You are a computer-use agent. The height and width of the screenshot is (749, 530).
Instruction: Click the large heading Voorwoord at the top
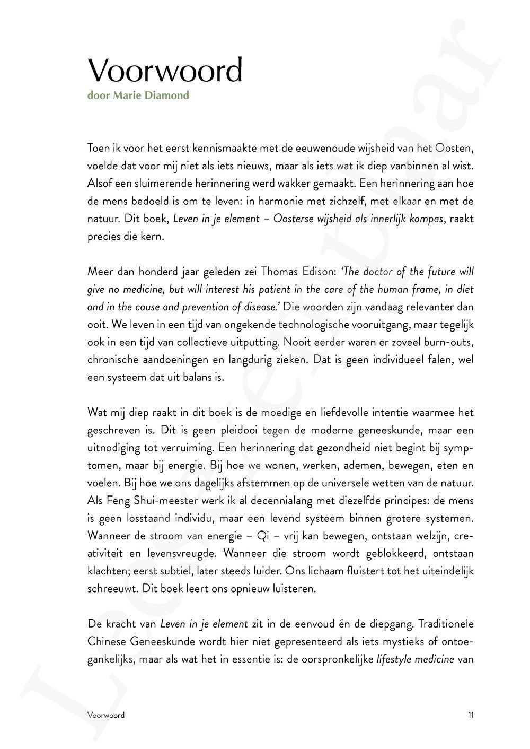pyautogui.click(x=165, y=70)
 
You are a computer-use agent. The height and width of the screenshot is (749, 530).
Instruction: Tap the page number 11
pyautogui.click(x=471, y=715)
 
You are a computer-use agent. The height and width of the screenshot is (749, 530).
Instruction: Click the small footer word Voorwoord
pyautogui.click(x=106, y=715)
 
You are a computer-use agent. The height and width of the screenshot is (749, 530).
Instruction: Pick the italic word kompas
pyautogui.click(x=428, y=219)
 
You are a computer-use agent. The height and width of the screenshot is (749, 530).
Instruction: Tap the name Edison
pyautogui.click(x=313, y=272)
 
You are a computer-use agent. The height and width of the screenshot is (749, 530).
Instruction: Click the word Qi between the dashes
pyautogui.click(x=263, y=536)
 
